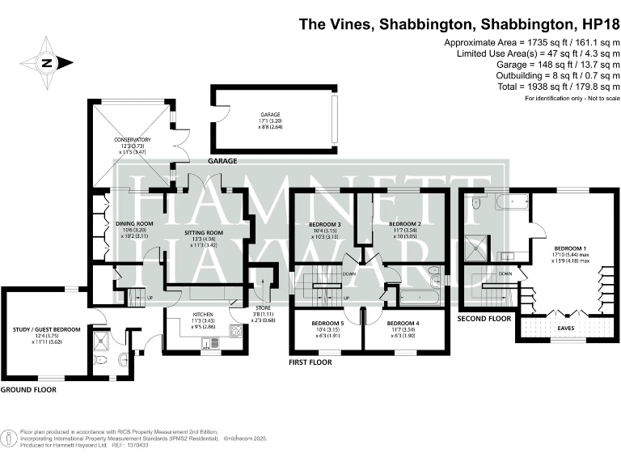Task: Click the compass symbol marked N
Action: pos(46,62)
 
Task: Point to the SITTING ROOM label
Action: pos(204,231)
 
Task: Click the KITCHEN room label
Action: pos(202,314)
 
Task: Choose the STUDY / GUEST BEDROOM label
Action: pos(47,329)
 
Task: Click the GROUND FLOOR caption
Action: pos(27,389)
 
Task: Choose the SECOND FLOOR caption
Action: pos(484,319)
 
